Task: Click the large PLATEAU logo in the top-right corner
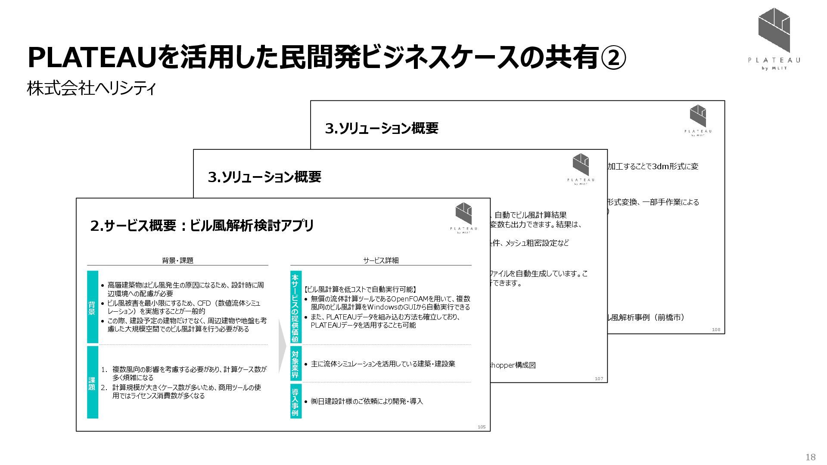click(774, 39)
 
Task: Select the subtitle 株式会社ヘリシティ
click(91, 89)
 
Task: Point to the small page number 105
click(481, 427)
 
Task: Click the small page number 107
click(599, 378)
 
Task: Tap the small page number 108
click(716, 329)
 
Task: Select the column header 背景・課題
click(177, 260)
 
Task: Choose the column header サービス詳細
click(381, 260)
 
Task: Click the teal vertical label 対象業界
click(295, 364)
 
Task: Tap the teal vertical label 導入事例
click(295, 401)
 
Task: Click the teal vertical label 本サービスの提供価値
click(295, 307)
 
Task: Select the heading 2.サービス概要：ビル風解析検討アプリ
click(202, 226)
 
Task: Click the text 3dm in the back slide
click(660, 167)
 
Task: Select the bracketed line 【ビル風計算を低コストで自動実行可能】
click(360, 289)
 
